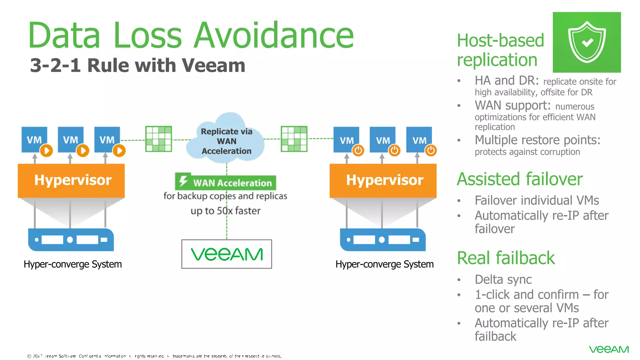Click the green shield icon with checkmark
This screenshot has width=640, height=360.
pos(587,42)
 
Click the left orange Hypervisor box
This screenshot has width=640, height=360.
pos(71,180)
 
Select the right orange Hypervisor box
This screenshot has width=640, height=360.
pos(383,180)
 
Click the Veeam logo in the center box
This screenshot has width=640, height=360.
pos(227,254)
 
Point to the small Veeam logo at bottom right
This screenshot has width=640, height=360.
pos(609,349)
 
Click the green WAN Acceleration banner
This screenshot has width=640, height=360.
pos(226,182)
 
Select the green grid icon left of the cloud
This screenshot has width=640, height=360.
pos(159,139)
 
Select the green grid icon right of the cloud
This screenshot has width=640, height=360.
pos(294,139)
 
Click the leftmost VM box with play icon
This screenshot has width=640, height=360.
pos(35,140)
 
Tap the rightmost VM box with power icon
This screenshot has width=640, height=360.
pos(419,140)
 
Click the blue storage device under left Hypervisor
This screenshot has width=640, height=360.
pos(71,240)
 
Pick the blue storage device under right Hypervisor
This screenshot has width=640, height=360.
pos(383,240)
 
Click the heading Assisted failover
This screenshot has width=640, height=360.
pos(520,179)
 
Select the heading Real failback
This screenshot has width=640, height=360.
pos(506,258)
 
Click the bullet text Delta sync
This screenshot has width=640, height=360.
pos(503,279)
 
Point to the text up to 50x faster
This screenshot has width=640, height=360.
pos(225,211)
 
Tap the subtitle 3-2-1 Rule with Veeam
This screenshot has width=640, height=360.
pos(137,65)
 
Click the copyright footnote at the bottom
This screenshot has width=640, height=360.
pos(154,356)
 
